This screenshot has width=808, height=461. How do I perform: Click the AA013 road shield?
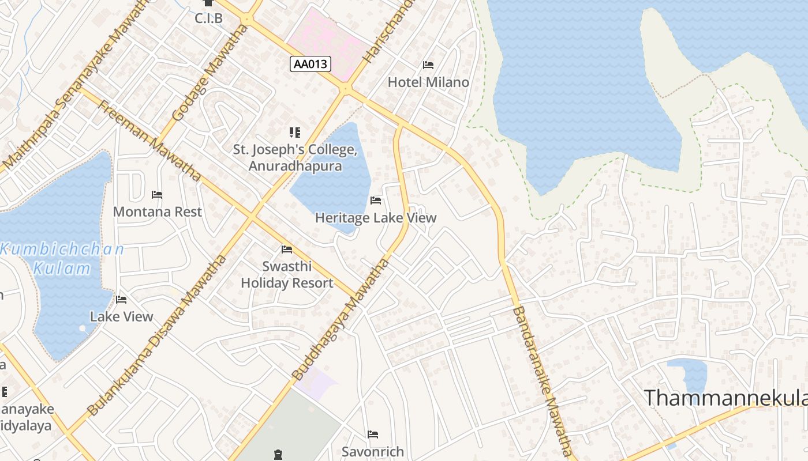pyautogui.click(x=311, y=64)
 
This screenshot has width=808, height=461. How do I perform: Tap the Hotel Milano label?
pyautogui.click(x=428, y=82)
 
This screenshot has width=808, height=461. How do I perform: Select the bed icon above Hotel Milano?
pyautogui.click(x=428, y=65)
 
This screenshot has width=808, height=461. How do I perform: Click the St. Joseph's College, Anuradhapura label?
pyautogui.click(x=295, y=158)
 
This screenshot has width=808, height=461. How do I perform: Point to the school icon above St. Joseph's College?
pyautogui.click(x=295, y=133)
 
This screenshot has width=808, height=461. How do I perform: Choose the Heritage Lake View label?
pyautogui.click(x=376, y=218)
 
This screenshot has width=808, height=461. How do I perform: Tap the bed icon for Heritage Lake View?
pyautogui.click(x=376, y=201)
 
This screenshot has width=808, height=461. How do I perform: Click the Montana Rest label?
pyautogui.click(x=158, y=211)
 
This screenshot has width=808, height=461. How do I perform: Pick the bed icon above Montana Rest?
pyautogui.click(x=157, y=194)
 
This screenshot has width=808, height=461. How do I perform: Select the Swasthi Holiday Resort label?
pyautogui.click(x=287, y=275)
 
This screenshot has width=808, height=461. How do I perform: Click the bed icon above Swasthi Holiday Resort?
pyautogui.click(x=287, y=250)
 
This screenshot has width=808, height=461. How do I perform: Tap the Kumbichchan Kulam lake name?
pyautogui.click(x=62, y=259)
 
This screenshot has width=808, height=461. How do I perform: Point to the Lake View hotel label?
pyautogui.click(x=122, y=316)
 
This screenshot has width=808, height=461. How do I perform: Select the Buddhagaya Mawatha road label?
pyautogui.click(x=341, y=320)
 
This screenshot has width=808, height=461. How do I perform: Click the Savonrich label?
pyautogui.click(x=373, y=451)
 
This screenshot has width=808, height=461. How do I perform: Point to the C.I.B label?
pyautogui.click(x=208, y=18)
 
